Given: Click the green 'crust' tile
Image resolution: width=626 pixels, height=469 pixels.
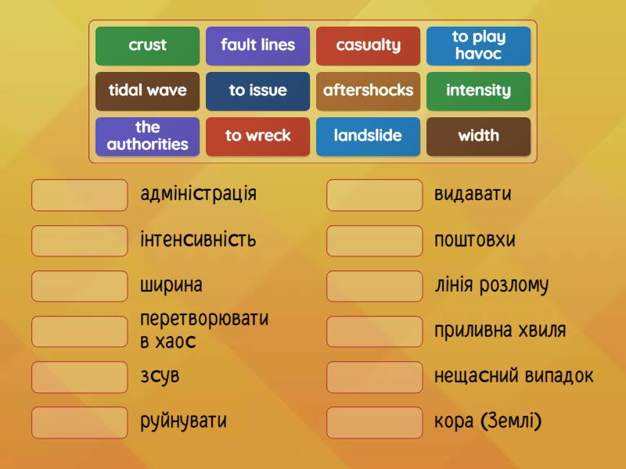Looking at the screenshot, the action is pyautogui.click(x=147, y=46).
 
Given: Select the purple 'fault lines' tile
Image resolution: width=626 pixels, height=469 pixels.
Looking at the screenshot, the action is pyautogui.click(x=258, y=46).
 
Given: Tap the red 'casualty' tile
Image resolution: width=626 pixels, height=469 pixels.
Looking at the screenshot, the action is pyautogui.click(x=368, y=46).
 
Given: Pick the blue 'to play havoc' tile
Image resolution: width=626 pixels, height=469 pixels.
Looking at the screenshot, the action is pyautogui.click(x=478, y=46).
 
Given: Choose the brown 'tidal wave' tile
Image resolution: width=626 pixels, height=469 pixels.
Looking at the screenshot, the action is pyautogui.click(x=147, y=91).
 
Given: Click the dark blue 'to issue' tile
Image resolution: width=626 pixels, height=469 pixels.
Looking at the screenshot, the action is pyautogui.click(x=258, y=91).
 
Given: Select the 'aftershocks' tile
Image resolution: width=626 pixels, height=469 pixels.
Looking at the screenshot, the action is pyautogui.click(x=368, y=91).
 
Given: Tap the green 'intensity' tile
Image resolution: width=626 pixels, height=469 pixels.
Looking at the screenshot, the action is pyautogui.click(x=478, y=91).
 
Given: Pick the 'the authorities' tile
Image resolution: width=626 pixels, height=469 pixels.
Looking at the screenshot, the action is pyautogui.click(x=147, y=137).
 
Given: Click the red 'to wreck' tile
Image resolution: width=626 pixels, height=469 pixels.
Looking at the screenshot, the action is pyautogui.click(x=258, y=137).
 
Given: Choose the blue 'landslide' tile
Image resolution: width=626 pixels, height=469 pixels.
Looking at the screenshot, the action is pyautogui.click(x=368, y=137).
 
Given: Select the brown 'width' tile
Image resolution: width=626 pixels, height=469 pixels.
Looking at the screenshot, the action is pyautogui.click(x=478, y=137).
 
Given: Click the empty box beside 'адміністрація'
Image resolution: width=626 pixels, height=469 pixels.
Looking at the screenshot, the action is pyautogui.click(x=80, y=195).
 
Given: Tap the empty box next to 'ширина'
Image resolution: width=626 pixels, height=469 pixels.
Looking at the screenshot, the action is pyautogui.click(x=80, y=286).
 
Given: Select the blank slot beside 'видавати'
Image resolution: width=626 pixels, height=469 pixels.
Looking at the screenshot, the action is pyautogui.click(x=375, y=195).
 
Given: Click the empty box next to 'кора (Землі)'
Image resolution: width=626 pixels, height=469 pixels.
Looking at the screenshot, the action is pyautogui.click(x=375, y=422).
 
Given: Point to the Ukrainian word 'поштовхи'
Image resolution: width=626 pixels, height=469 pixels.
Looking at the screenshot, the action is pyautogui.click(x=475, y=240).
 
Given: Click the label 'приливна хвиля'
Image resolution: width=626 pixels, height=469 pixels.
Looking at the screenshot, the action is pyautogui.click(x=500, y=331).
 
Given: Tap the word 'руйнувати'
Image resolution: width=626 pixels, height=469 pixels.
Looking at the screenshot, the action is pyautogui.click(x=183, y=421).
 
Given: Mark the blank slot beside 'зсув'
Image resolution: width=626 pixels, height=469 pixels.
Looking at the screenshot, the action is pyautogui.click(x=80, y=377).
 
